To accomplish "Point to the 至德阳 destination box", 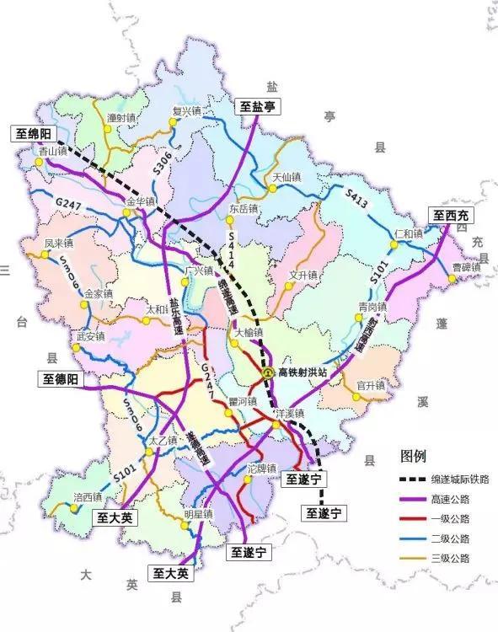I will [x=62, y=380].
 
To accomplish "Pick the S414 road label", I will [x=230, y=250].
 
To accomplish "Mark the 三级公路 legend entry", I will [x=455, y=558].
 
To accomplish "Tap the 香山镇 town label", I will [x=51, y=151].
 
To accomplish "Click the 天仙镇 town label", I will [x=287, y=178].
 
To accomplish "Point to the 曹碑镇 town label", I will [x=465, y=267].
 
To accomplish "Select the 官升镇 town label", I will [x=371, y=385].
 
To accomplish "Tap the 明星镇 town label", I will [x=200, y=513].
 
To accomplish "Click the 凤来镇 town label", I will [x=60, y=244].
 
